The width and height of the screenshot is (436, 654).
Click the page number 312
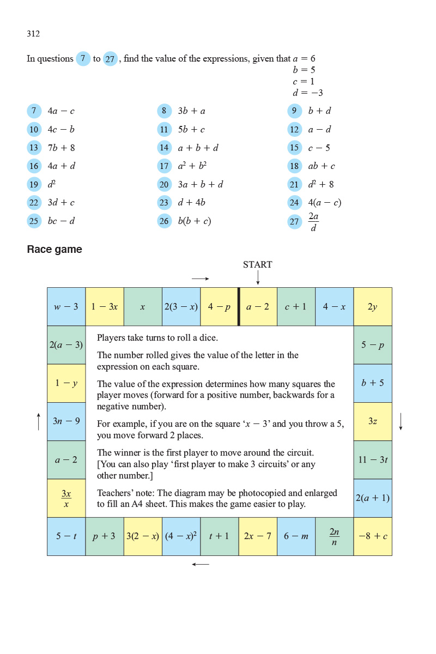33,34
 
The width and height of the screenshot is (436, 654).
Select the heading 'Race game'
55,250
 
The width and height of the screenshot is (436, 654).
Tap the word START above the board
257,265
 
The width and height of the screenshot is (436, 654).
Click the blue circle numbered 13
34,148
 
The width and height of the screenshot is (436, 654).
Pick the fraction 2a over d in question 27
313,221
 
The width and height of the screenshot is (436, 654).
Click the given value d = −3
308,93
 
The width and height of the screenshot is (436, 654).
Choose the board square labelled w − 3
66,307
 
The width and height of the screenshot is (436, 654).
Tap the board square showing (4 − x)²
181,536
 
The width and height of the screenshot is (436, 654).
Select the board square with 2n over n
334,536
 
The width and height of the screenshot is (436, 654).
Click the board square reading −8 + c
373,536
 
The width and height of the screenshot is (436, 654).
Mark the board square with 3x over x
66,498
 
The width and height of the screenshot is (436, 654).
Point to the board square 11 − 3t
373,459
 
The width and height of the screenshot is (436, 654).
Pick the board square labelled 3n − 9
66,421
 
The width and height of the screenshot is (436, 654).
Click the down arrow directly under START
258,277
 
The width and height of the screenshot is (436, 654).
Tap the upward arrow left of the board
39,421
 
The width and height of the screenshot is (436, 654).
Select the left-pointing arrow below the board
201,564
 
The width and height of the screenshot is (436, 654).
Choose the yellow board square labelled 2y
373,307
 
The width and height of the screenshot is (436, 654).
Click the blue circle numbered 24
295,203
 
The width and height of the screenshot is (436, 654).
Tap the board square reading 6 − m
296,536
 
